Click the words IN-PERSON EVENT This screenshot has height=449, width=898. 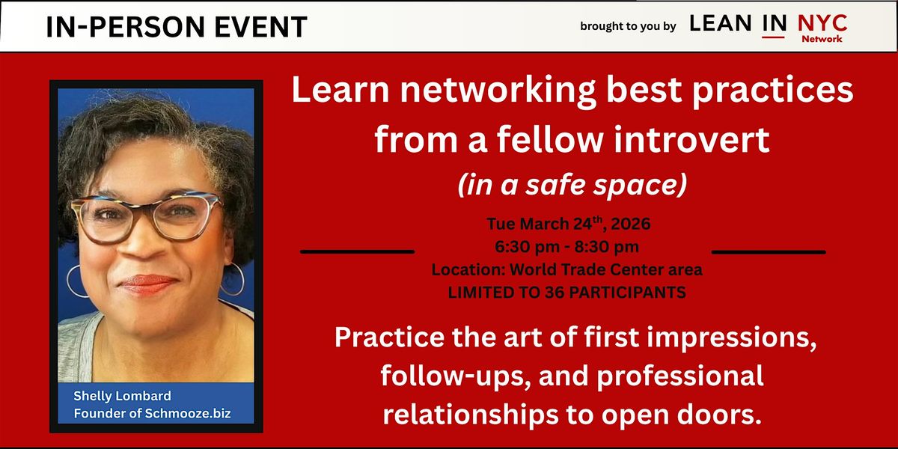[x=177, y=27]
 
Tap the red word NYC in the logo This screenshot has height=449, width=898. [x=822, y=23]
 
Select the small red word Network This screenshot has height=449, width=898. [x=822, y=39]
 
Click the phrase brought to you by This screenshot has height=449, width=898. [x=628, y=26]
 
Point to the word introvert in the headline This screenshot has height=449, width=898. [x=691, y=139]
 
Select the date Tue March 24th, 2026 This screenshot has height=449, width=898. [x=569, y=223]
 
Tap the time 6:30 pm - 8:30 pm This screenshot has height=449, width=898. [x=567, y=246]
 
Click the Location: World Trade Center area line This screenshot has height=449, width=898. [x=567, y=269]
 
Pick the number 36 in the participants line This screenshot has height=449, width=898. [x=554, y=293]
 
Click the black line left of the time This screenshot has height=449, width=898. [x=357, y=251]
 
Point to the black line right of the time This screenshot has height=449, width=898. [x=769, y=252]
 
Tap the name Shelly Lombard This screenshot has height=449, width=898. [x=122, y=396]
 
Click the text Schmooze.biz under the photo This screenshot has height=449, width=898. [x=188, y=413]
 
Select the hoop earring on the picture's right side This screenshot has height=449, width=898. [x=233, y=278]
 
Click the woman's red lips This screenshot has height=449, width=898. [x=147, y=284]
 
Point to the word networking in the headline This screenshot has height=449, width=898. [x=498, y=91]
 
